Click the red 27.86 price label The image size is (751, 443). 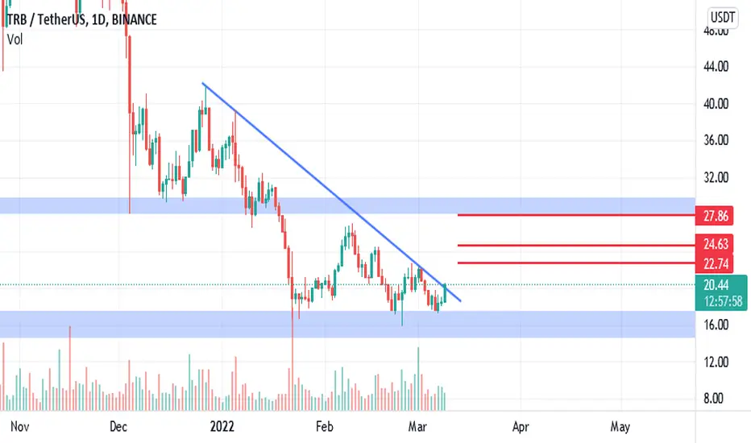coord(715,216)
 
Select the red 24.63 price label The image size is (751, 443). coord(715,244)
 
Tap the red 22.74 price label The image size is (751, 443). coord(715,263)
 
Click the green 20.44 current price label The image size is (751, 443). coord(716,285)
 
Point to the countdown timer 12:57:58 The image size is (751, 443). coord(723,301)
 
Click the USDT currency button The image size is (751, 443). coord(722,18)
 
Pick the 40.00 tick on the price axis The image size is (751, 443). coord(716,103)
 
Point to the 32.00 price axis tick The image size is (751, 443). coord(716,177)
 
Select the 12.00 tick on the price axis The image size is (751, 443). coord(716,362)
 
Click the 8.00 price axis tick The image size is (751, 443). coord(713,398)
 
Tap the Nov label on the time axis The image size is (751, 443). coord(19,426)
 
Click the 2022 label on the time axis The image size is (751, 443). coord(222,426)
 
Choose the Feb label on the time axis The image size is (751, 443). coord(324,426)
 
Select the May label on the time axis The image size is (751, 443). coord(620,426)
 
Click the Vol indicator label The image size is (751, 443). coord(15,39)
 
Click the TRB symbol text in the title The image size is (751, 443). coord(17,19)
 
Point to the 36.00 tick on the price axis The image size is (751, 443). coord(716,140)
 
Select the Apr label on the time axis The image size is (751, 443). coord(521,426)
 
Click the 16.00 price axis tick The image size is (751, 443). coord(716,325)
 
